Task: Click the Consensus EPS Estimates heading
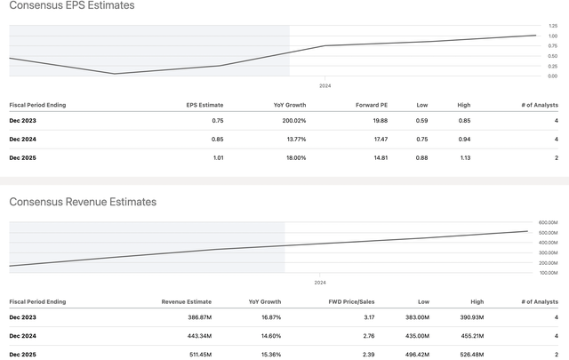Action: click(72, 6)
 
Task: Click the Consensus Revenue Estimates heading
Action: click(83, 202)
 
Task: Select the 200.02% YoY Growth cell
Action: click(290, 121)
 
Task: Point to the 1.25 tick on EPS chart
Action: click(553, 26)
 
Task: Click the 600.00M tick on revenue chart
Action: click(548, 222)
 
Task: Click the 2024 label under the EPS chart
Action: click(325, 86)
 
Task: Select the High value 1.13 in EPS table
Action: click(464, 157)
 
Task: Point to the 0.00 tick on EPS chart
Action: click(553, 76)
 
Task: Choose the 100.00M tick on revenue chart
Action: click(548, 272)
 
